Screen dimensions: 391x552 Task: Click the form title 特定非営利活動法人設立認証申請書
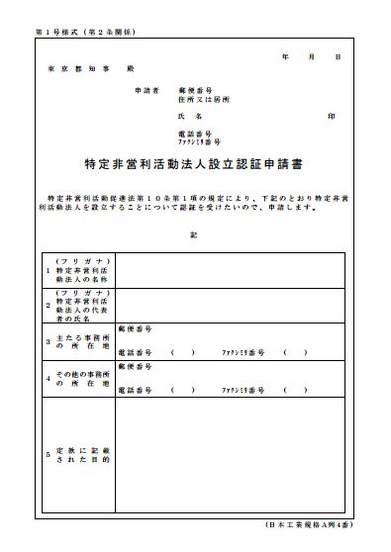pos(194,164)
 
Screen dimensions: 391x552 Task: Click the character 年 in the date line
pos(286,58)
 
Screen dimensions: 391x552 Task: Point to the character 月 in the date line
pos(312,58)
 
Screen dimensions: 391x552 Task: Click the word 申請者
pos(147,90)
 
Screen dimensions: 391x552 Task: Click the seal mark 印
pos(331,117)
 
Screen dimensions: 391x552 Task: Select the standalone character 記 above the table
pos(194,234)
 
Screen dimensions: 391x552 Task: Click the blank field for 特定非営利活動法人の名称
pos(230,270)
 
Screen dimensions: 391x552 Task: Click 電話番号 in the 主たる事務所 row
pos(135,352)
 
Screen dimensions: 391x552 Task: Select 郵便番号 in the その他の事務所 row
pos(135,366)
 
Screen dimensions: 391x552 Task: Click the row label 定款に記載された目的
pos(85,454)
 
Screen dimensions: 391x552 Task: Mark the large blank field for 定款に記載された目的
pos(230,454)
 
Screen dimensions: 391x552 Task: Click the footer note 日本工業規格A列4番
pos(309,522)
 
